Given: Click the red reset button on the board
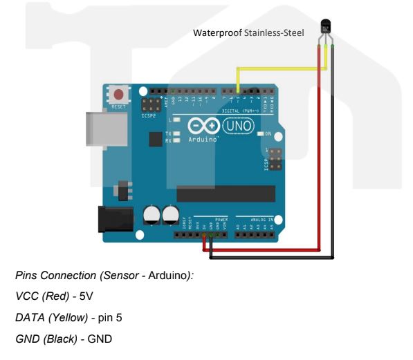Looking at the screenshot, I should pos(121,95).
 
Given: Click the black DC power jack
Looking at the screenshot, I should pos(114,218).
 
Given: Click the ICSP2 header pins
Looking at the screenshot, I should pos(148,106).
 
